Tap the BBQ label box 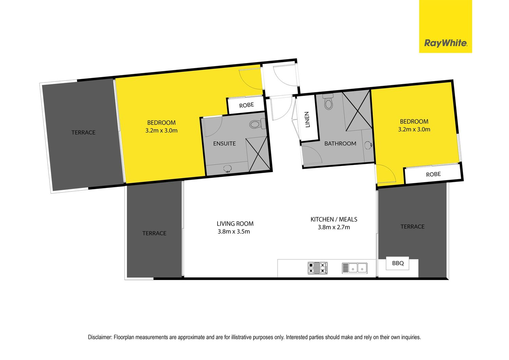tap(398, 263)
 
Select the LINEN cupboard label tap(307, 119)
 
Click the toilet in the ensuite tap(258, 124)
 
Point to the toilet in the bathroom tap(328, 101)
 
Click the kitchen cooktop tap(318, 268)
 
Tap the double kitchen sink tap(355, 268)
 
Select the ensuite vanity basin tap(227, 169)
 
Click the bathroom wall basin tap(368, 145)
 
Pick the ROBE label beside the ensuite tap(247, 105)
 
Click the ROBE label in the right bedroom tap(433, 174)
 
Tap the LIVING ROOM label tap(235, 224)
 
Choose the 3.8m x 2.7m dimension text tap(334, 227)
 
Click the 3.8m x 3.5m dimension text tap(234, 232)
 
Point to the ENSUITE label tap(224, 144)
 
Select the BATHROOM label tap(340, 144)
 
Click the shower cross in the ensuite tap(258, 154)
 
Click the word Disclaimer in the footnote tap(100, 337)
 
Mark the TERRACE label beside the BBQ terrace tap(412, 227)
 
